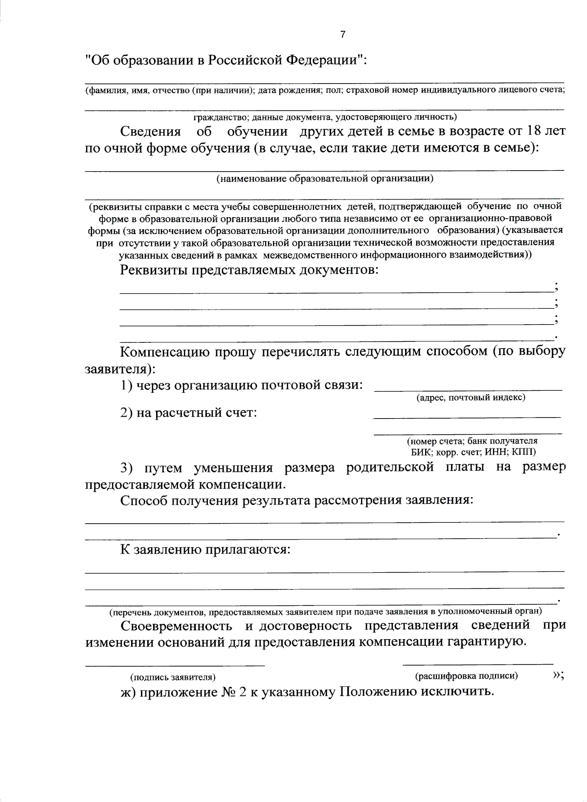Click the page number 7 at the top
click(342, 34)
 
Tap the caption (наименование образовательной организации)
click(325, 178)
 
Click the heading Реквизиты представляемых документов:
click(249, 270)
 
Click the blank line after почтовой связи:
click(468, 390)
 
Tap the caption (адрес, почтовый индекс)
click(471, 397)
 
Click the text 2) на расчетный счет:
click(189, 413)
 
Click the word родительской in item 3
click(390, 467)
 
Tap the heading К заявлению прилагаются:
click(206, 549)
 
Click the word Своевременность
click(177, 625)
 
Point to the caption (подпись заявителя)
click(173, 677)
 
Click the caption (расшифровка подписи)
click(466, 676)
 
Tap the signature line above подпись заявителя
click(175, 665)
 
